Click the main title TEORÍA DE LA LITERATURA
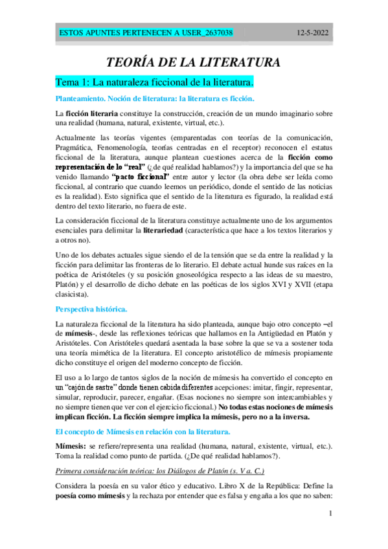point(194,63)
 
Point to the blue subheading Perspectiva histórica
point(91,308)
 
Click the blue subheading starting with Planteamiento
point(155,98)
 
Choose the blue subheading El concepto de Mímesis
point(139,431)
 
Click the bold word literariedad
point(208,230)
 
